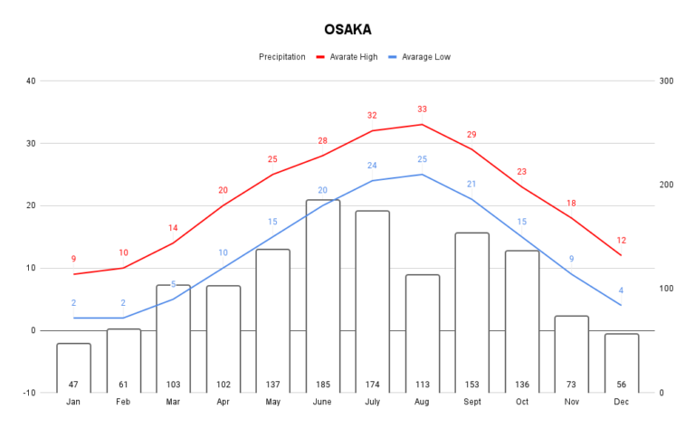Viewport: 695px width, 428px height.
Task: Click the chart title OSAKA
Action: click(x=347, y=29)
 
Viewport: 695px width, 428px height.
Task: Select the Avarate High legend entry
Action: click(x=354, y=56)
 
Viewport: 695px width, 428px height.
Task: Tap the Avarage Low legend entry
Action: click(x=426, y=56)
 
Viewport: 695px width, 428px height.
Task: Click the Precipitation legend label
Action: click(x=281, y=56)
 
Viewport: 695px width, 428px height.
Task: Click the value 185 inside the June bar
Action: click(x=323, y=385)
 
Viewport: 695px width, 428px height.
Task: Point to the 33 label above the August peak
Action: click(x=422, y=109)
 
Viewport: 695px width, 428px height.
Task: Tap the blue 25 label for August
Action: click(x=422, y=159)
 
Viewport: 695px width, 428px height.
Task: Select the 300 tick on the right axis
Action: click(x=667, y=81)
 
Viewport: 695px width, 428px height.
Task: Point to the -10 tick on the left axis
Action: click(x=29, y=393)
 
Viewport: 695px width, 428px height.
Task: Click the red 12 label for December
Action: click(x=621, y=241)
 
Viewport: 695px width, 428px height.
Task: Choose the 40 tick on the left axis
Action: click(x=31, y=81)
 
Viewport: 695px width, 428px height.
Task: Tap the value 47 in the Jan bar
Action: click(x=73, y=385)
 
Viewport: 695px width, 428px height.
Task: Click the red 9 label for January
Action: click(x=73, y=259)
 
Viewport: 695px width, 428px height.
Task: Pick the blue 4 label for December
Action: click(x=621, y=290)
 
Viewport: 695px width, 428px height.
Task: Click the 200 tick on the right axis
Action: click(x=667, y=185)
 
